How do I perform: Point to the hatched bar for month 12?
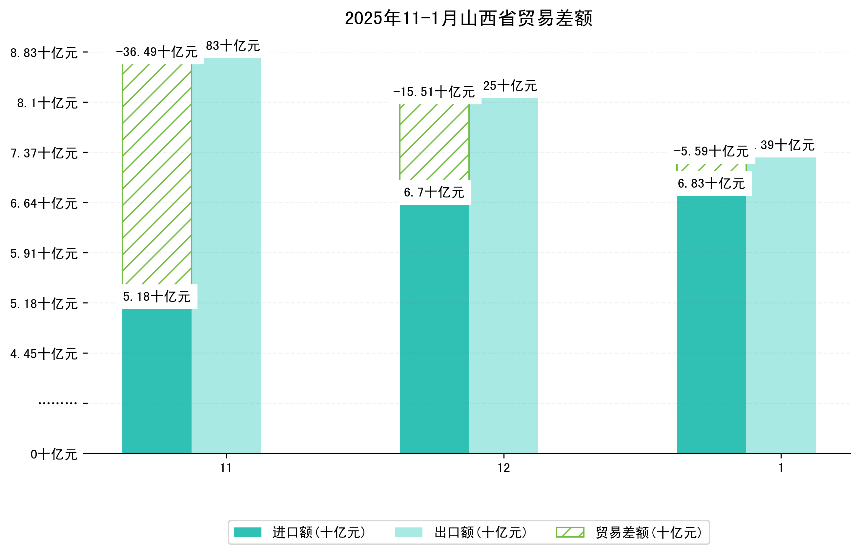point(434,142)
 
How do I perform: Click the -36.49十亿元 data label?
point(156,52)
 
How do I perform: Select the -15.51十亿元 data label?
point(434,92)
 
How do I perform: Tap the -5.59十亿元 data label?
point(711,152)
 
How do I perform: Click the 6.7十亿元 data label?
point(434,193)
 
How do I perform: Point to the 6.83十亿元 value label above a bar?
point(711,183)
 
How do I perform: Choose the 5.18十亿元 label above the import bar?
point(156,297)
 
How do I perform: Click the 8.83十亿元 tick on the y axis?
point(44,53)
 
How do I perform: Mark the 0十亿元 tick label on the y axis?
point(53,454)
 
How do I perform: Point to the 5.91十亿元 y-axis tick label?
point(44,254)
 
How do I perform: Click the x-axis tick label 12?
point(503,468)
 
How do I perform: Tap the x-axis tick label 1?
point(781,468)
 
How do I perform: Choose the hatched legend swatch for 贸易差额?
point(570,532)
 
